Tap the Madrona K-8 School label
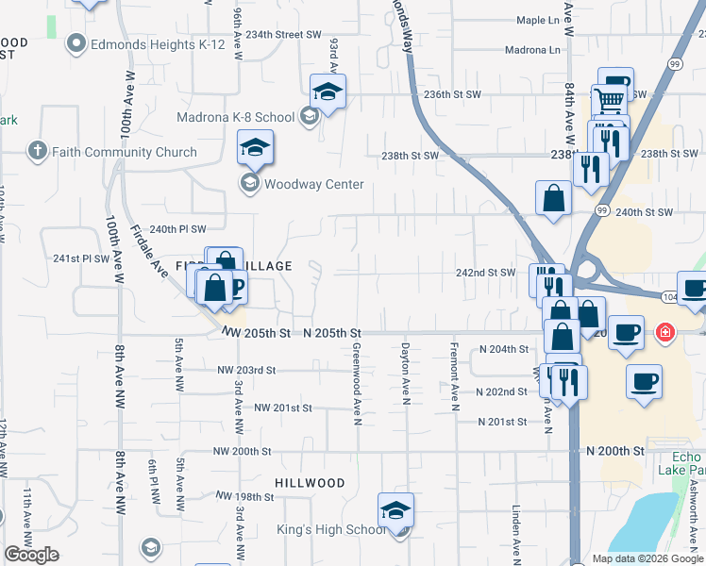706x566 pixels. [x=236, y=117]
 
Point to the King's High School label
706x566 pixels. [x=330, y=530]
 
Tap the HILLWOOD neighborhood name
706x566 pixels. [x=310, y=483]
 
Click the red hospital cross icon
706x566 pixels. [x=665, y=332]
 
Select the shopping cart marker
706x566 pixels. [x=610, y=98]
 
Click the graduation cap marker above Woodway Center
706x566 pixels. [x=255, y=149]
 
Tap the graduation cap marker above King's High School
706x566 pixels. [x=395, y=510]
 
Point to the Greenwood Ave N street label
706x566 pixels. [x=358, y=384]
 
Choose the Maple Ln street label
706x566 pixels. [x=538, y=20]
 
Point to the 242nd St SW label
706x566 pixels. [x=485, y=273]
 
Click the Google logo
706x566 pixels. [x=32, y=555]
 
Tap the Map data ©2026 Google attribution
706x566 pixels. [x=647, y=558]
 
